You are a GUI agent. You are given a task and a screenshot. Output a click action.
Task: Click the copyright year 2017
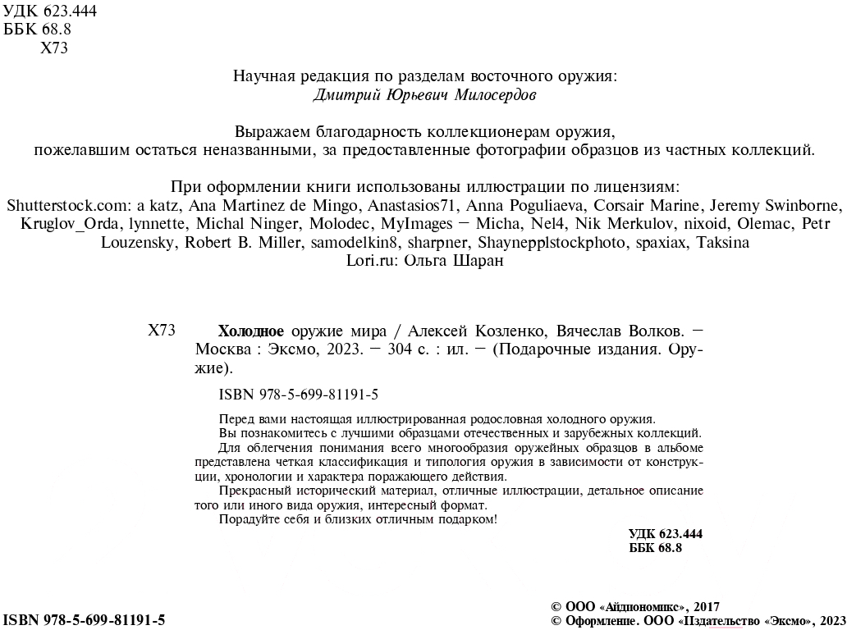click(707, 607)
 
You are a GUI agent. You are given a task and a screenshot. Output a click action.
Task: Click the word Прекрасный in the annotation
click(253, 491)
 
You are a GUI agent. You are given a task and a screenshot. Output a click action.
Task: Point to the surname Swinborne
click(802, 205)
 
